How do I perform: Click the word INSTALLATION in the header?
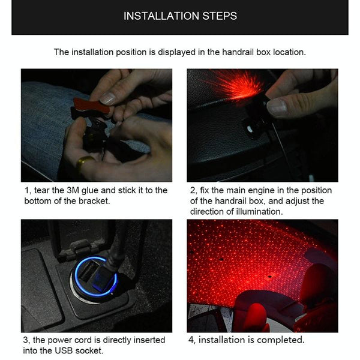[x=161, y=16]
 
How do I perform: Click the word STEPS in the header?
[x=220, y=16]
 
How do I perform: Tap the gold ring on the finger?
[x=84, y=161]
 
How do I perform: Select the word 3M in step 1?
[x=73, y=190]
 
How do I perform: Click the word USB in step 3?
[x=64, y=350]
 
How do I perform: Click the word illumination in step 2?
[x=259, y=211]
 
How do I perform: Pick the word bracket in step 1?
[x=94, y=201]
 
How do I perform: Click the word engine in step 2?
[x=260, y=191]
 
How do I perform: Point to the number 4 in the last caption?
[x=191, y=340]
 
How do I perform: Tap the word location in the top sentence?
[x=289, y=52]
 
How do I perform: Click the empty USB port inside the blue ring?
[x=87, y=271]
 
